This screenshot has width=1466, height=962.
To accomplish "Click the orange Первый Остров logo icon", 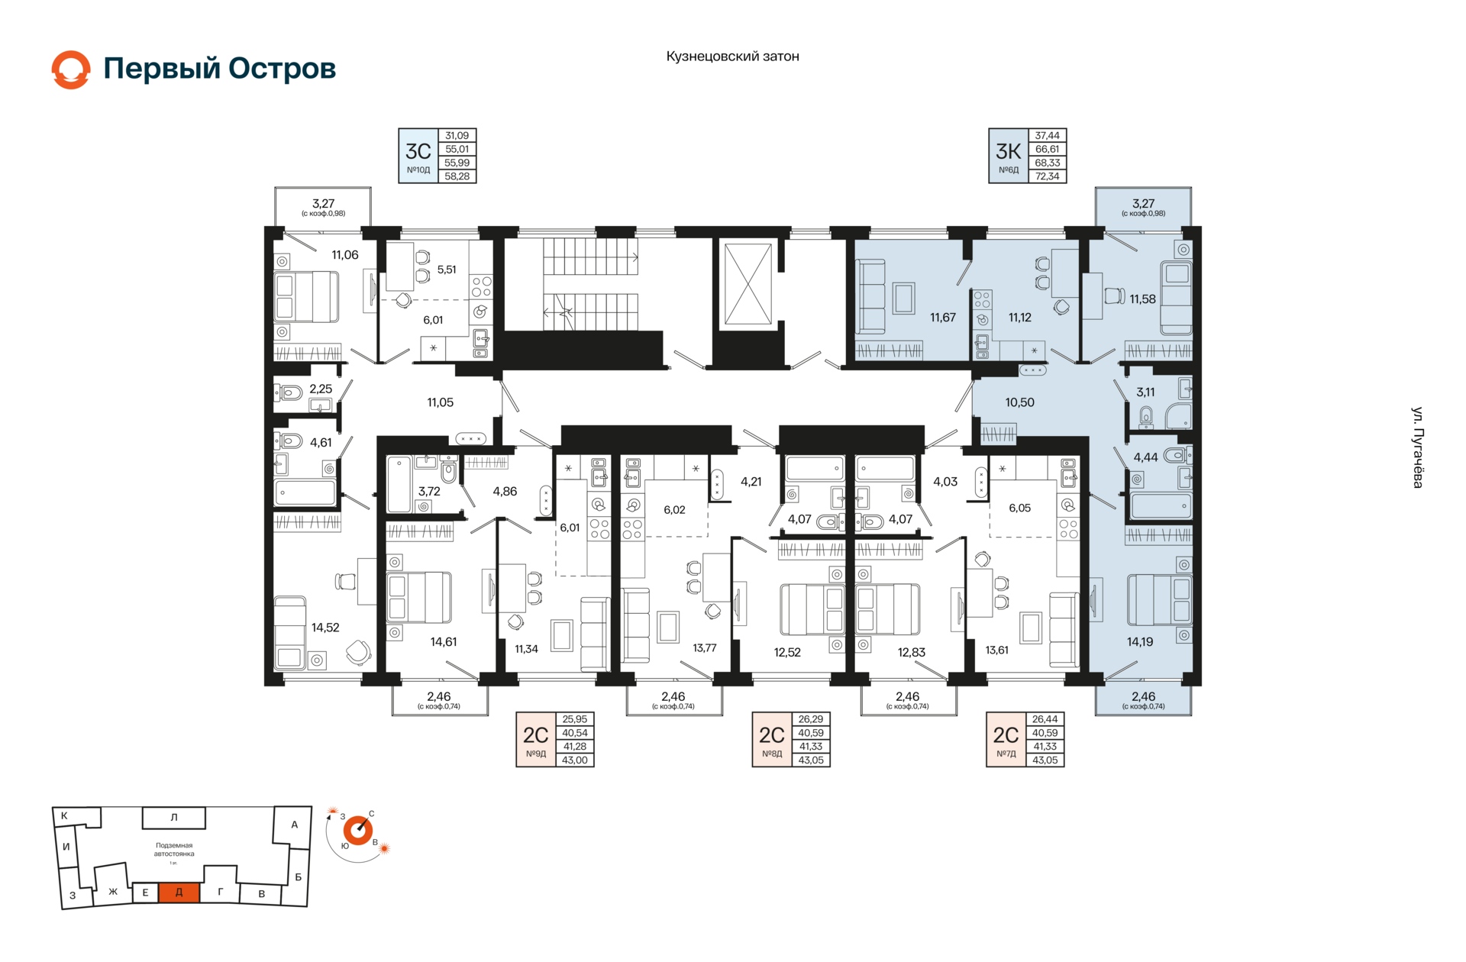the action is click(x=71, y=69).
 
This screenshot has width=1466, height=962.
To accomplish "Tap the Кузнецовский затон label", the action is click(x=732, y=56).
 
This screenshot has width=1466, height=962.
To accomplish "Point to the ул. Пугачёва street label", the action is click(x=1417, y=447).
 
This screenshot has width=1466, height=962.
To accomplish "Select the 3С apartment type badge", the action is click(x=418, y=156).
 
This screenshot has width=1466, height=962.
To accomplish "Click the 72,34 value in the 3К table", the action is click(x=1047, y=176).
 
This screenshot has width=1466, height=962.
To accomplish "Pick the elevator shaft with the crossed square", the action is click(x=748, y=284).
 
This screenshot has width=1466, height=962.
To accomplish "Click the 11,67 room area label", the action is click(x=943, y=318).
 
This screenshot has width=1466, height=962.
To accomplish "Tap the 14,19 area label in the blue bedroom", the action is click(x=1140, y=642).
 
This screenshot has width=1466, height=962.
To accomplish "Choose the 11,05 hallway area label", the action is click(x=441, y=402).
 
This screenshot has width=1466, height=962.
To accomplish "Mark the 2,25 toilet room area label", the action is click(x=321, y=389).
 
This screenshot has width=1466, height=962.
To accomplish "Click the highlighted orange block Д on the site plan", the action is click(x=179, y=892).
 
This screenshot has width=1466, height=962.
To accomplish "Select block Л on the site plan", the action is click(x=174, y=818).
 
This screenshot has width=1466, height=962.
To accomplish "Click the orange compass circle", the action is click(x=357, y=830).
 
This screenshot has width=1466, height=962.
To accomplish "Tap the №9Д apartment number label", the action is click(x=536, y=754).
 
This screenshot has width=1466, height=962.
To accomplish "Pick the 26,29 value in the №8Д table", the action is click(x=811, y=719).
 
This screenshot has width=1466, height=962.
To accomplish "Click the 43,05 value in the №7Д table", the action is click(x=1045, y=760).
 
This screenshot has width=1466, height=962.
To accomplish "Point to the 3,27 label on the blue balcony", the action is click(x=1143, y=203).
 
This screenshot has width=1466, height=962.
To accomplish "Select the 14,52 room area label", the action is click(x=325, y=628).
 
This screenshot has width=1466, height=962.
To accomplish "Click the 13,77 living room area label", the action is click(x=705, y=648).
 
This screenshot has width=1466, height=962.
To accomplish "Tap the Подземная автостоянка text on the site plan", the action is click(x=174, y=850).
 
